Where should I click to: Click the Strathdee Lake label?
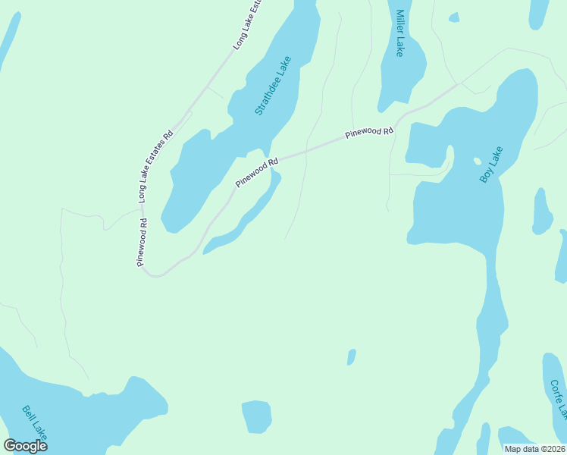click(273, 86)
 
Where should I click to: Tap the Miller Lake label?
click(399, 34)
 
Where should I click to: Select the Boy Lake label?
click(491, 168)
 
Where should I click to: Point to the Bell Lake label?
click(35, 423)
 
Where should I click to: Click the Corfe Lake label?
click(559, 397)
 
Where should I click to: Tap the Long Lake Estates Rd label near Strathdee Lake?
click(155, 165)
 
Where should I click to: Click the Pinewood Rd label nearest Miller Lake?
click(369, 132)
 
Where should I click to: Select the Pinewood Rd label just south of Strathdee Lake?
click(257, 172)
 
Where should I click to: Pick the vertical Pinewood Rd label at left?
click(142, 242)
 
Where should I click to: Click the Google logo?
click(25, 446)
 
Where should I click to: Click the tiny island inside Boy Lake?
click(477, 161)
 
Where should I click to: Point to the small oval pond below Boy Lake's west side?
click(351, 356)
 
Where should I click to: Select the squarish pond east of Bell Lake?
click(256, 416)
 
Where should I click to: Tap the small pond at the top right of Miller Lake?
click(453, 17)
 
